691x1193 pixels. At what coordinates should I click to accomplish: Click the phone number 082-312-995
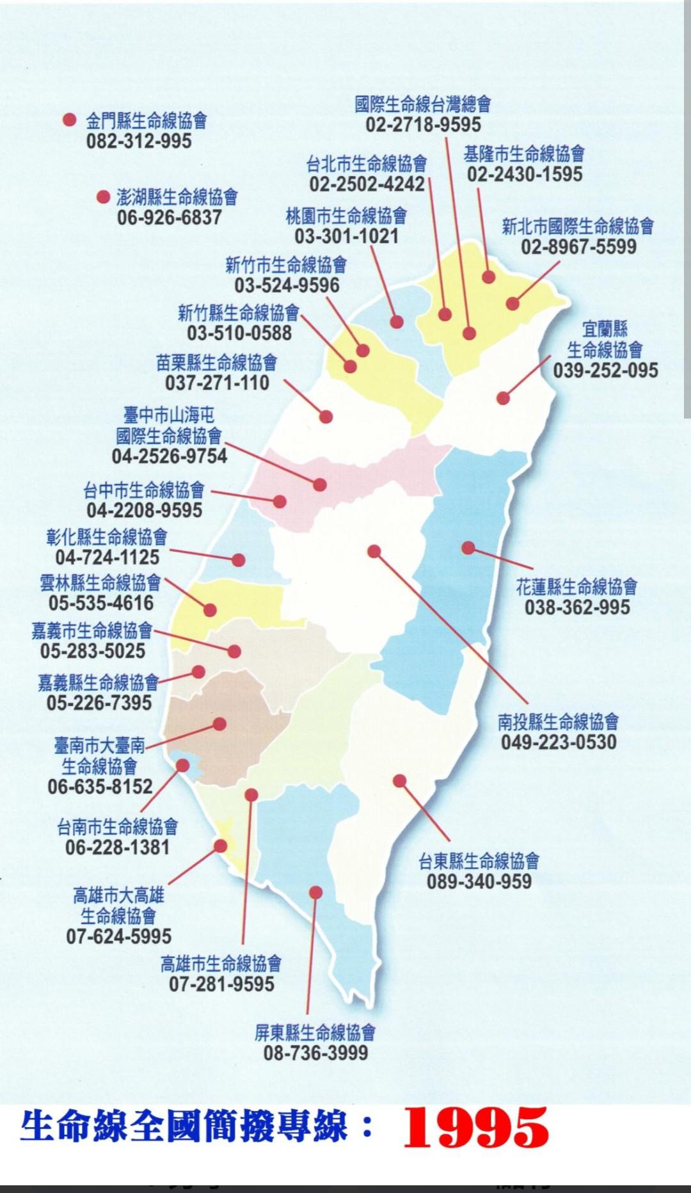click(x=139, y=141)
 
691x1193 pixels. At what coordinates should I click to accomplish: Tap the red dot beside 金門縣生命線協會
click(x=70, y=120)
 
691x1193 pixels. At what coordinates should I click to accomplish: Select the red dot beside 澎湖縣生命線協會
click(x=103, y=196)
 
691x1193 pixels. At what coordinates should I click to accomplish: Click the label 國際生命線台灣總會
click(x=423, y=104)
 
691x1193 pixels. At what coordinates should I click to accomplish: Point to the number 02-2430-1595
click(x=525, y=174)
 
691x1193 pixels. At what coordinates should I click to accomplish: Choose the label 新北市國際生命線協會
click(x=578, y=226)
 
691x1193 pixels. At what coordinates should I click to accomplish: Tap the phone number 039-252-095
click(x=605, y=370)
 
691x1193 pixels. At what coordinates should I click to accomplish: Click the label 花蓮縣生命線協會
click(x=576, y=586)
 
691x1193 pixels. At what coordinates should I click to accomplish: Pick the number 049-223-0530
click(x=559, y=742)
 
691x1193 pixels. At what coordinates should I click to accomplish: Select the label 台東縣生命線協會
click(x=479, y=861)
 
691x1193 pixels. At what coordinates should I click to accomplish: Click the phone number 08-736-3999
click(x=315, y=1053)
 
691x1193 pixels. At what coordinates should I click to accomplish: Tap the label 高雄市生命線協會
click(x=221, y=963)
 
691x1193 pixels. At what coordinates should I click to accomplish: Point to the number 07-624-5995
click(x=119, y=936)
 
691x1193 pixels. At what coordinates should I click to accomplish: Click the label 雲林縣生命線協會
click(x=100, y=582)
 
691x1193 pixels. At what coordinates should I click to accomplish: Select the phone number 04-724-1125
click(x=107, y=557)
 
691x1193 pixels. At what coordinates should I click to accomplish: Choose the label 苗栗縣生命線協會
click(x=217, y=363)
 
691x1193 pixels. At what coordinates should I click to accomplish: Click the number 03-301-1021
click(x=346, y=236)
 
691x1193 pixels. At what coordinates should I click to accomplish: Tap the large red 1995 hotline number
click(x=475, y=1127)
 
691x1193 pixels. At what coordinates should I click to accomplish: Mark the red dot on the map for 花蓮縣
click(x=468, y=548)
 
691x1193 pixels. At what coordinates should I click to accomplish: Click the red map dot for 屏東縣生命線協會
click(x=315, y=892)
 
